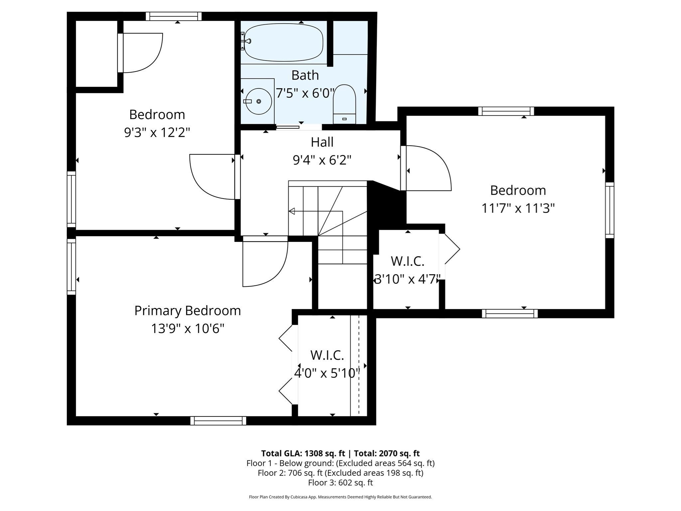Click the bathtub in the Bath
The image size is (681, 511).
click(283, 42)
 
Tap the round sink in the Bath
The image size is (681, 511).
click(258, 101)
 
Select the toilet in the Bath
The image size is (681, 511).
click(344, 104)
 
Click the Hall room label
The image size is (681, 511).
click(322, 142)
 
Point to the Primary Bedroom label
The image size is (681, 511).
click(188, 311)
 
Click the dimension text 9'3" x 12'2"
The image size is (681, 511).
click(157, 133)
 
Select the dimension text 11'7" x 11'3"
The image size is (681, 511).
click(518, 209)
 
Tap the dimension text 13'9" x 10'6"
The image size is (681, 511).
click(188, 329)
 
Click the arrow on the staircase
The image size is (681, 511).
click(292, 211)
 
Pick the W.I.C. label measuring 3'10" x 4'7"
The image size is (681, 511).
click(407, 261)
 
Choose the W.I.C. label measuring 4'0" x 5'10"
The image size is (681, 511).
click(327, 355)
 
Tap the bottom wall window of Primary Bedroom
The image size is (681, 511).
click(218, 421)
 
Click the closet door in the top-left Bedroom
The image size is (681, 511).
click(140, 53)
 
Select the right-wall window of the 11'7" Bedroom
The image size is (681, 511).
click(610, 210)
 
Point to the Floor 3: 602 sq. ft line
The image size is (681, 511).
click(340, 483)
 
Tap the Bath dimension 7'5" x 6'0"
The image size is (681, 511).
click(305, 93)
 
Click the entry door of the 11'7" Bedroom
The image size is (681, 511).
click(426, 168)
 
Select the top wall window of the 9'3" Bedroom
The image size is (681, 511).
click(174, 16)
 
